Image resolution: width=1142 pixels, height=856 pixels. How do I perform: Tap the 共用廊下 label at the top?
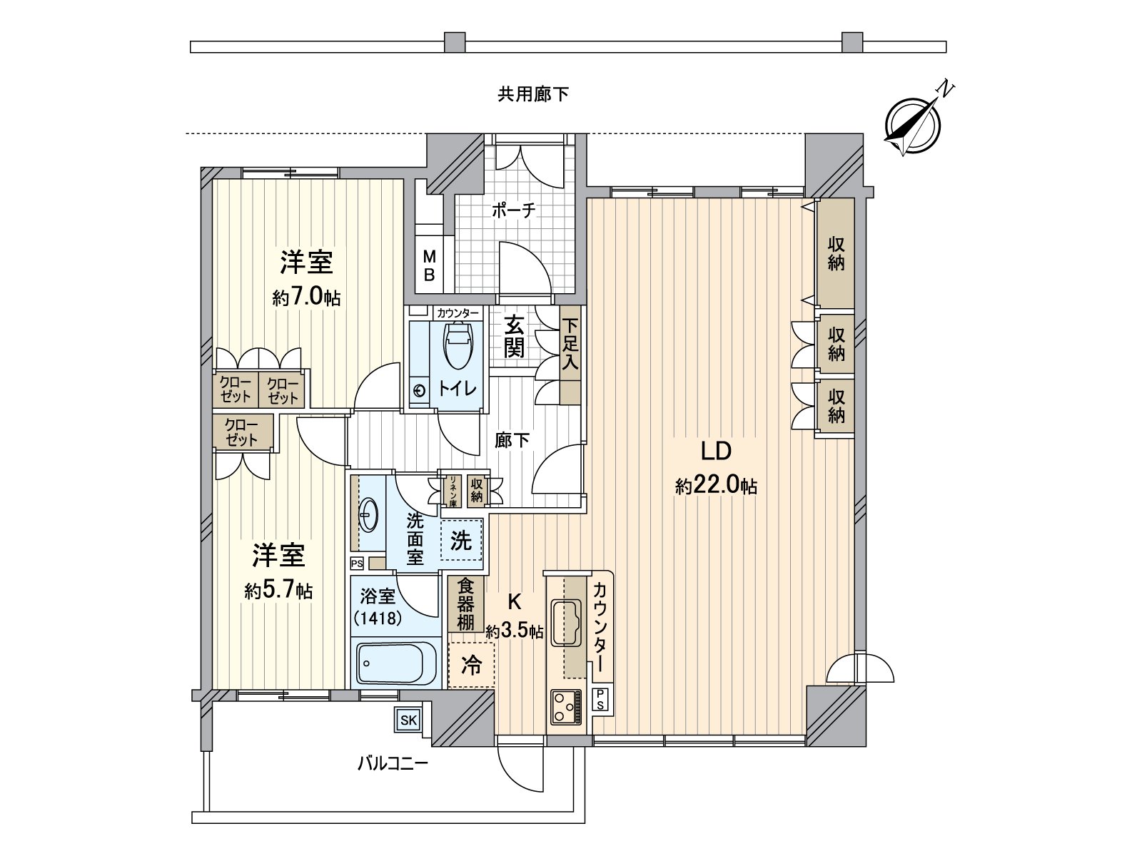coord(533,94)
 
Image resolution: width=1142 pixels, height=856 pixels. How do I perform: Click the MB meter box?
coord(429,266)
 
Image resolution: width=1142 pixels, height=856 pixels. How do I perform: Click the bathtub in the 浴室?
coord(396,663)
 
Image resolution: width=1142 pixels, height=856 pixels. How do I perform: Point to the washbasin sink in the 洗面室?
coord(368,513)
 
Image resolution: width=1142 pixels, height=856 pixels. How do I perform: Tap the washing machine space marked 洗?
coord(461,541)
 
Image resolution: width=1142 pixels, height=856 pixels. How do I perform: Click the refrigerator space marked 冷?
coord(471,666)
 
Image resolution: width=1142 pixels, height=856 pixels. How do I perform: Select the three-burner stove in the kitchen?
coord(565,708)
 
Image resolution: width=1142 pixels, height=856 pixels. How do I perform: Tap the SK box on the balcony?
coord(408,720)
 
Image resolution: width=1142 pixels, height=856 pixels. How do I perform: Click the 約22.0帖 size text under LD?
coord(716,486)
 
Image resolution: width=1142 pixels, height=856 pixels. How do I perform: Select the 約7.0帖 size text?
coord(305,297)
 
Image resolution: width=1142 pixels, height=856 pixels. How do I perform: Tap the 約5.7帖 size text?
coord(278,591)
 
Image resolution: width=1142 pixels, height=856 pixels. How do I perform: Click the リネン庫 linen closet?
coord(452,490)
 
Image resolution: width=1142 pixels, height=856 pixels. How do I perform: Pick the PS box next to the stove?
coord(601,699)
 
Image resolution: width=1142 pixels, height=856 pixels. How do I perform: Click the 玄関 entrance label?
coord(514,337)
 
